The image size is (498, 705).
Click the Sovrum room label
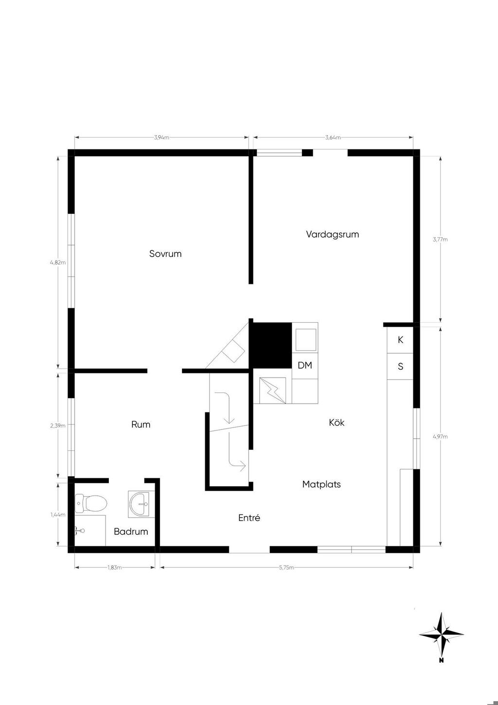[165, 254]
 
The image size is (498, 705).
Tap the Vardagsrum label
[332, 234]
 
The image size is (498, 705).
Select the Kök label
[337, 423]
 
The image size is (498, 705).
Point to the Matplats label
[321, 484]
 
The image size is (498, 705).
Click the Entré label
[249, 518]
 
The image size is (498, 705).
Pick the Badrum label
[131, 532]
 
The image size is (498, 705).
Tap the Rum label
[141, 425]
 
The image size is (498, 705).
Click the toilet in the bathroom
[91, 503]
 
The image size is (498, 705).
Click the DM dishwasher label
[304, 366]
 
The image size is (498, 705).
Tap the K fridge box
[400, 340]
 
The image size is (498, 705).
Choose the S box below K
[400, 366]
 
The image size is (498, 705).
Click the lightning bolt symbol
[272, 390]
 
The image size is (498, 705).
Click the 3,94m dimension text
[161, 137]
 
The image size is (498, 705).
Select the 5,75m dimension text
[286, 568]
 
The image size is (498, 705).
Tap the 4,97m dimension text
[440, 437]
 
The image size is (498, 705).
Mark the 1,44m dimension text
[58, 515]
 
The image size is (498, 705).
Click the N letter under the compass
[442, 660]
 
